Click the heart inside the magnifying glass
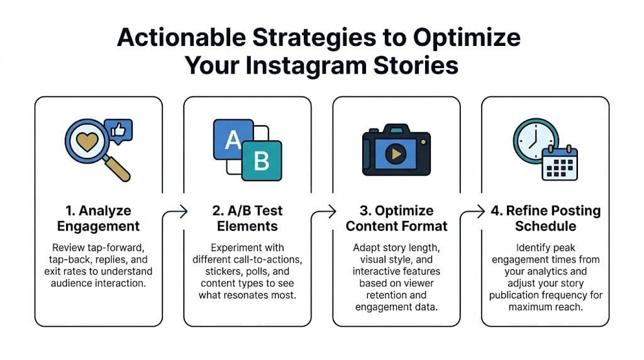[x=87, y=142]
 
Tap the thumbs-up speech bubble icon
[x=118, y=131]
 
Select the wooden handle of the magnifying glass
[x=117, y=169]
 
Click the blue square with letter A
[x=233, y=139]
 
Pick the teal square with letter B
[x=262, y=160]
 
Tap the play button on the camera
[x=396, y=154]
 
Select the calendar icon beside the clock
[x=560, y=163]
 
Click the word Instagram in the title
[x=306, y=65]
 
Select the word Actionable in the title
[x=181, y=37]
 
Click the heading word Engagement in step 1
[x=98, y=227]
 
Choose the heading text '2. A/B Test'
[x=247, y=210]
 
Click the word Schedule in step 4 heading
[x=545, y=226]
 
